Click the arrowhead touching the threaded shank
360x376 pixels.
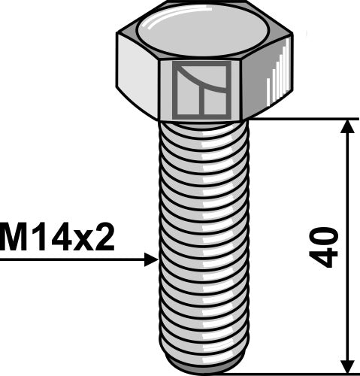point(150,260)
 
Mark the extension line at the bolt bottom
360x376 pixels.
point(301,372)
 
